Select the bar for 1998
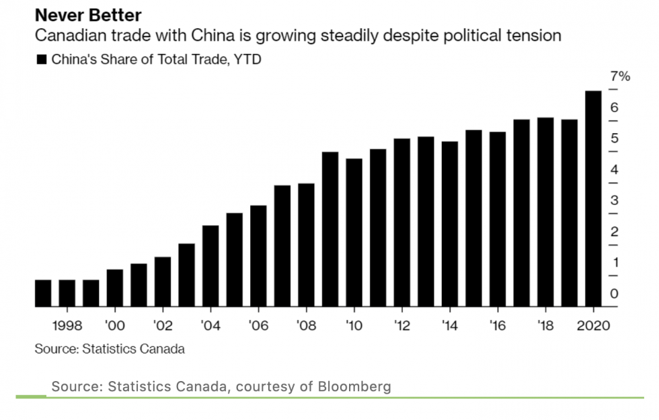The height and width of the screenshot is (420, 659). pyautogui.click(x=67, y=293)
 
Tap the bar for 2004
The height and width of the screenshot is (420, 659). pyautogui.click(x=210, y=265)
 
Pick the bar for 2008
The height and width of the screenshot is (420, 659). pyautogui.click(x=306, y=245)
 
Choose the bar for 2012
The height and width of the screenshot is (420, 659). pyautogui.click(x=402, y=222)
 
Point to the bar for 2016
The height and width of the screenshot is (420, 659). pyautogui.click(x=498, y=219)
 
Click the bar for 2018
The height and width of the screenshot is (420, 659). pyautogui.click(x=545, y=212)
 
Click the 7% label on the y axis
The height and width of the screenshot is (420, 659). pyautogui.click(x=620, y=77)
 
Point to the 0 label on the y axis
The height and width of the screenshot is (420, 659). pyautogui.click(x=614, y=294)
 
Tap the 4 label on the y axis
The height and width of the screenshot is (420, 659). pyautogui.click(x=614, y=169)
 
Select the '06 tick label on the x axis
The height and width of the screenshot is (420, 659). pyautogui.click(x=258, y=326)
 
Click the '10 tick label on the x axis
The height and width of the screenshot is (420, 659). pyautogui.click(x=354, y=326)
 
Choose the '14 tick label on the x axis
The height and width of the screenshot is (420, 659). pyautogui.click(x=450, y=326)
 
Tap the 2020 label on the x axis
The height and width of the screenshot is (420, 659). pyautogui.click(x=592, y=326)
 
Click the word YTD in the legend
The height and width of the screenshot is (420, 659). pyautogui.click(x=248, y=60)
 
